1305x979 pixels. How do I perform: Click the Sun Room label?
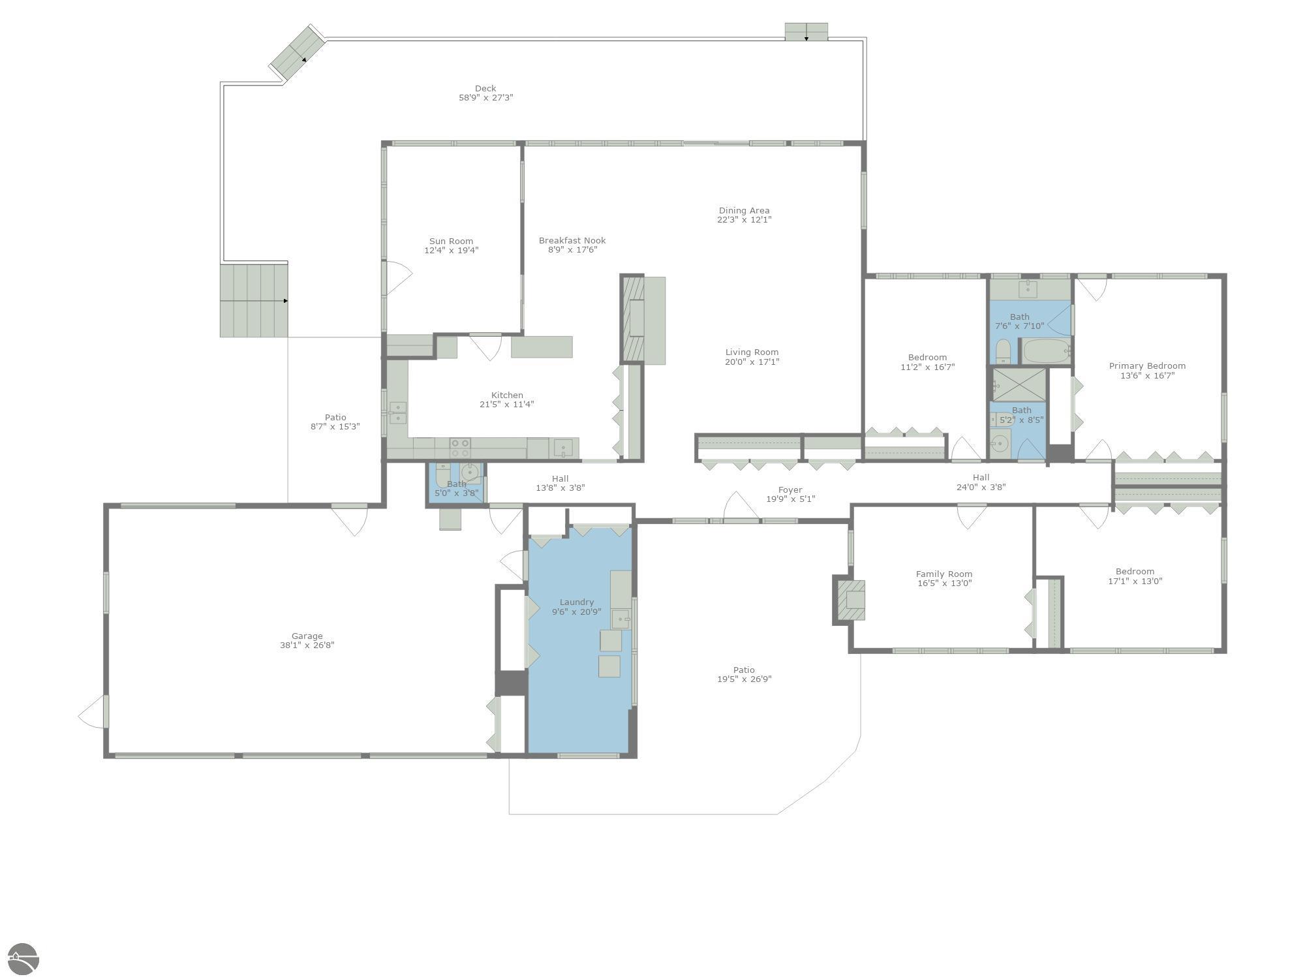pyautogui.click(x=451, y=241)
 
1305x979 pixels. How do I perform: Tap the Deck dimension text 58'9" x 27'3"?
pyautogui.click(x=485, y=98)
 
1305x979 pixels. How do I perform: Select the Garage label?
pyautogui.click(x=307, y=636)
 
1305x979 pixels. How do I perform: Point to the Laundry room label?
pyautogui.click(x=577, y=602)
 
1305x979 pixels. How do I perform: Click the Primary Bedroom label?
pyautogui.click(x=1147, y=365)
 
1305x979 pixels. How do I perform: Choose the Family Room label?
pyautogui.click(x=944, y=574)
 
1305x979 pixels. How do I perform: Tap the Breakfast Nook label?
pyautogui.click(x=572, y=240)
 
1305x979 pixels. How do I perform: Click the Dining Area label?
pyautogui.click(x=744, y=210)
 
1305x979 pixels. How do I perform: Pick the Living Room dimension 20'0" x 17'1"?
pyautogui.click(x=752, y=362)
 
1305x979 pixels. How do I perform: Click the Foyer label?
pyautogui.click(x=790, y=489)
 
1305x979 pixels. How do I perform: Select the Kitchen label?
pyautogui.click(x=507, y=395)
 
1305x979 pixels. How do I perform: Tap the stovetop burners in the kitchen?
pyautogui.click(x=460, y=448)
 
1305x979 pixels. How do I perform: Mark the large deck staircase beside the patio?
pyautogui.click(x=254, y=301)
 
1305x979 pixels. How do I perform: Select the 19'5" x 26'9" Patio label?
pyautogui.click(x=744, y=670)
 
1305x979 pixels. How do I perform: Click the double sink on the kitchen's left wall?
pyautogui.click(x=397, y=413)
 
